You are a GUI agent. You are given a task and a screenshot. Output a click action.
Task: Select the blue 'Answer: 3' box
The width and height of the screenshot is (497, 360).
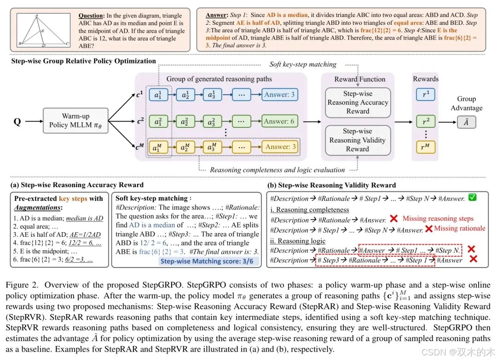click(280, 95)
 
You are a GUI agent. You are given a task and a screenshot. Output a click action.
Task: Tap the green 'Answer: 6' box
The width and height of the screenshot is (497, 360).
click(280, 121)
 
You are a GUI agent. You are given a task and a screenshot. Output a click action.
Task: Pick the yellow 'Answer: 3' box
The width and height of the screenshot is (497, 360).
click(280, 147)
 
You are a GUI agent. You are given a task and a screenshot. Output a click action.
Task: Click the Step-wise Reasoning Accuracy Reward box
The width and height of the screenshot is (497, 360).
click(358, 103)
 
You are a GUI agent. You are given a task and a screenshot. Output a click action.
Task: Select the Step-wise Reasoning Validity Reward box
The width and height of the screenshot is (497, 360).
click(358, 140)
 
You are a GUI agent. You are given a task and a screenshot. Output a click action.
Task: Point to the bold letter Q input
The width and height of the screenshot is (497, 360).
click(17, 121)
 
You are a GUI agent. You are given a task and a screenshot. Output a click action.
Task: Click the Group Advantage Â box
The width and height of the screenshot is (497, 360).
click(467, 122)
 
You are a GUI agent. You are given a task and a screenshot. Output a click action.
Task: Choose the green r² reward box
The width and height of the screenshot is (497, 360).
click(426, 122)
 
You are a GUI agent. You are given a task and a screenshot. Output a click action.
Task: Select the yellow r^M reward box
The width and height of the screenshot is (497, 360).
click(426, 148)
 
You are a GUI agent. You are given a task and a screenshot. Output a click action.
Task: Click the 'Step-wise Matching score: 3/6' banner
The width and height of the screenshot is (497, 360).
click(209, 262)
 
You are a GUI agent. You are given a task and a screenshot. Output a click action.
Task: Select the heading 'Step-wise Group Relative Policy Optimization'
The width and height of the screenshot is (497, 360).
click(83, 61)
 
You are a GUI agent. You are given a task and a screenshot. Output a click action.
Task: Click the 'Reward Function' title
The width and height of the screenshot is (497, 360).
click(358, 79)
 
